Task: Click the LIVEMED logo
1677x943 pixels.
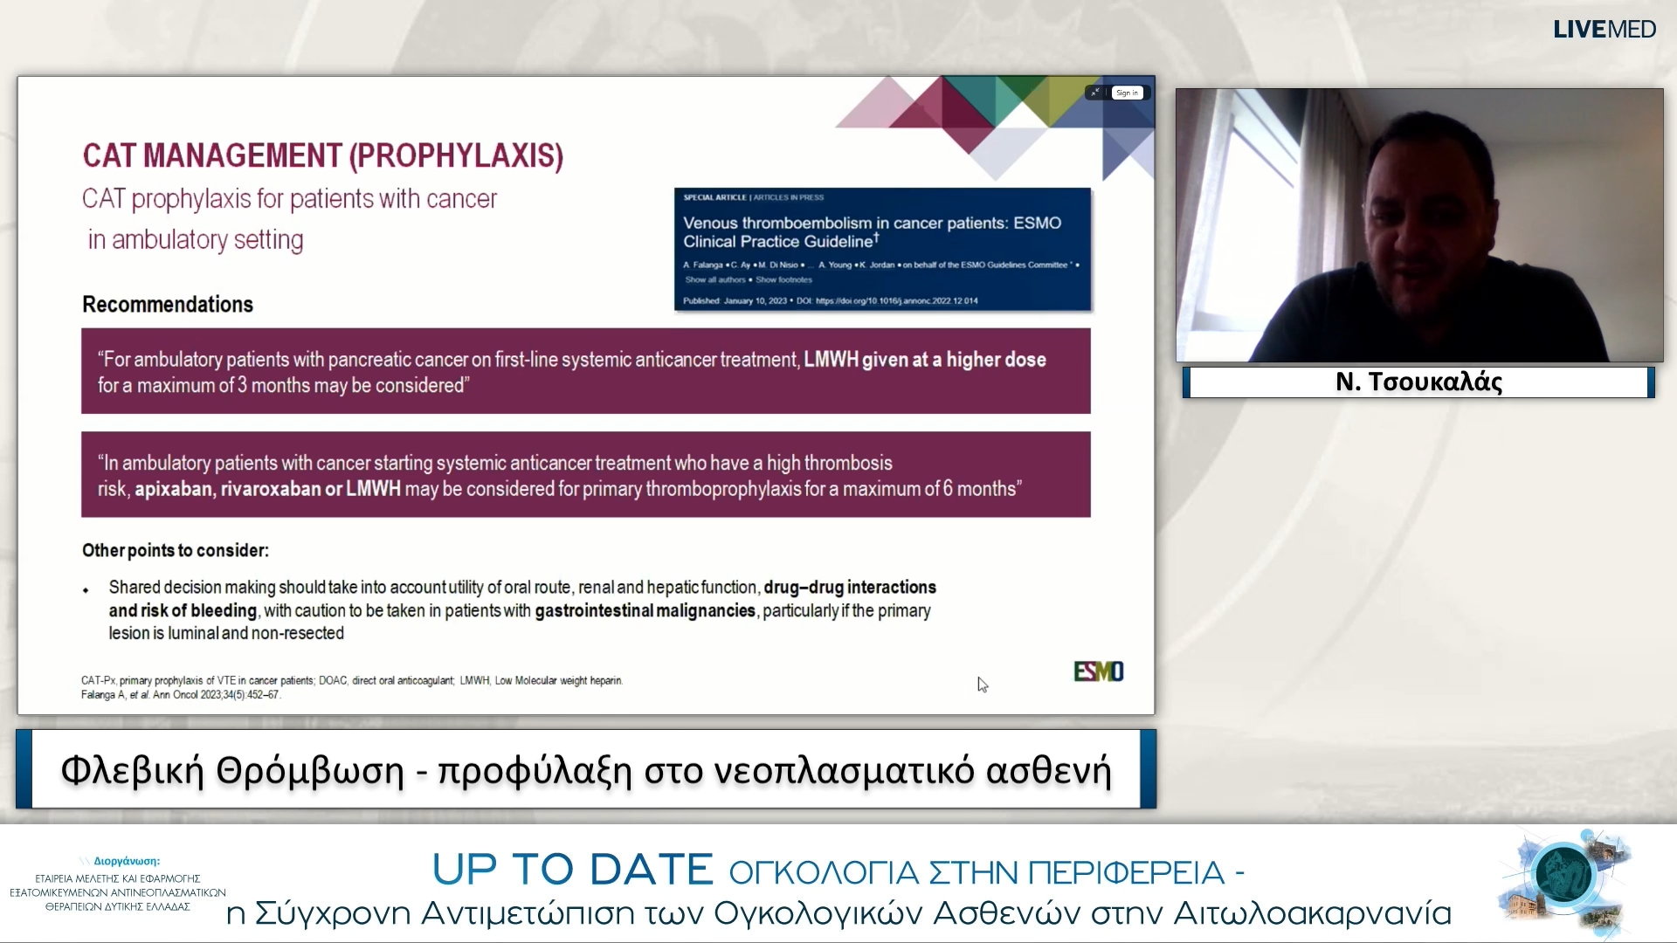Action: [1604, 30]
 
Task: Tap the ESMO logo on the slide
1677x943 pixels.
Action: [1098, 671]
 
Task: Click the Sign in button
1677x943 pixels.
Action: [1127, 93]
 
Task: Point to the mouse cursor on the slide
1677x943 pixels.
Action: [982, 685]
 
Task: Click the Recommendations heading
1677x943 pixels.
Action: [168, 305]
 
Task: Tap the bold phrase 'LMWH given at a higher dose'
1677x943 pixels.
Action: [924, 360]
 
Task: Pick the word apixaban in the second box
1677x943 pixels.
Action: [173, 489]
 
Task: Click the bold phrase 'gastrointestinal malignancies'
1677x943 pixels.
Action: [645, 611]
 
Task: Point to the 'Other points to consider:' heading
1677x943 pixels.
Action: [176, 551]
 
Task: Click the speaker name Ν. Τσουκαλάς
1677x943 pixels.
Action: [1418, 382]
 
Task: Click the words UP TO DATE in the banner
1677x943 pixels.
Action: [573, 870]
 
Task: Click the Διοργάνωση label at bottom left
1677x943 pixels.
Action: [126, 861]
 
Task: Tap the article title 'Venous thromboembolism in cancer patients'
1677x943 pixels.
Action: [872, 224]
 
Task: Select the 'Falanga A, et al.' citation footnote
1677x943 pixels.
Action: [180, 695]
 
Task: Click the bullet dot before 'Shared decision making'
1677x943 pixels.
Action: [86, 590]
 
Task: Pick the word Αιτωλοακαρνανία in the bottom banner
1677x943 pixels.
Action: [1312, 913]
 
